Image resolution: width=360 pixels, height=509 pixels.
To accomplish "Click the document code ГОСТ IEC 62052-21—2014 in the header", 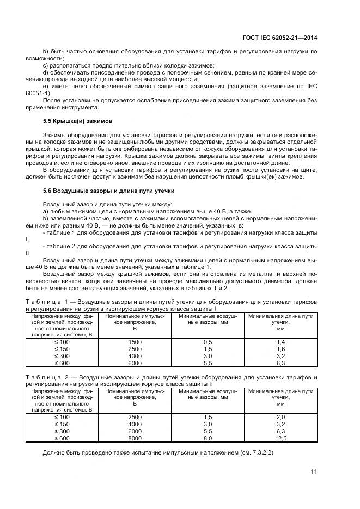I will tap(280, 37).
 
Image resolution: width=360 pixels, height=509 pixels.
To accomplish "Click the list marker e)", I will tap(46, 86).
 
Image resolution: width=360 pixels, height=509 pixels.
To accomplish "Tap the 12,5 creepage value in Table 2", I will tap(280, 438).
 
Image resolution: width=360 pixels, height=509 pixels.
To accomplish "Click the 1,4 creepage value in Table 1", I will tap(280, 341).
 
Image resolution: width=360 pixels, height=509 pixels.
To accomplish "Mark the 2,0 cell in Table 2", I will tap(280, 416).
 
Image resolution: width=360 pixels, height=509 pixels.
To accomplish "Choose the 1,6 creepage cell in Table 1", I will tap(280, 348).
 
